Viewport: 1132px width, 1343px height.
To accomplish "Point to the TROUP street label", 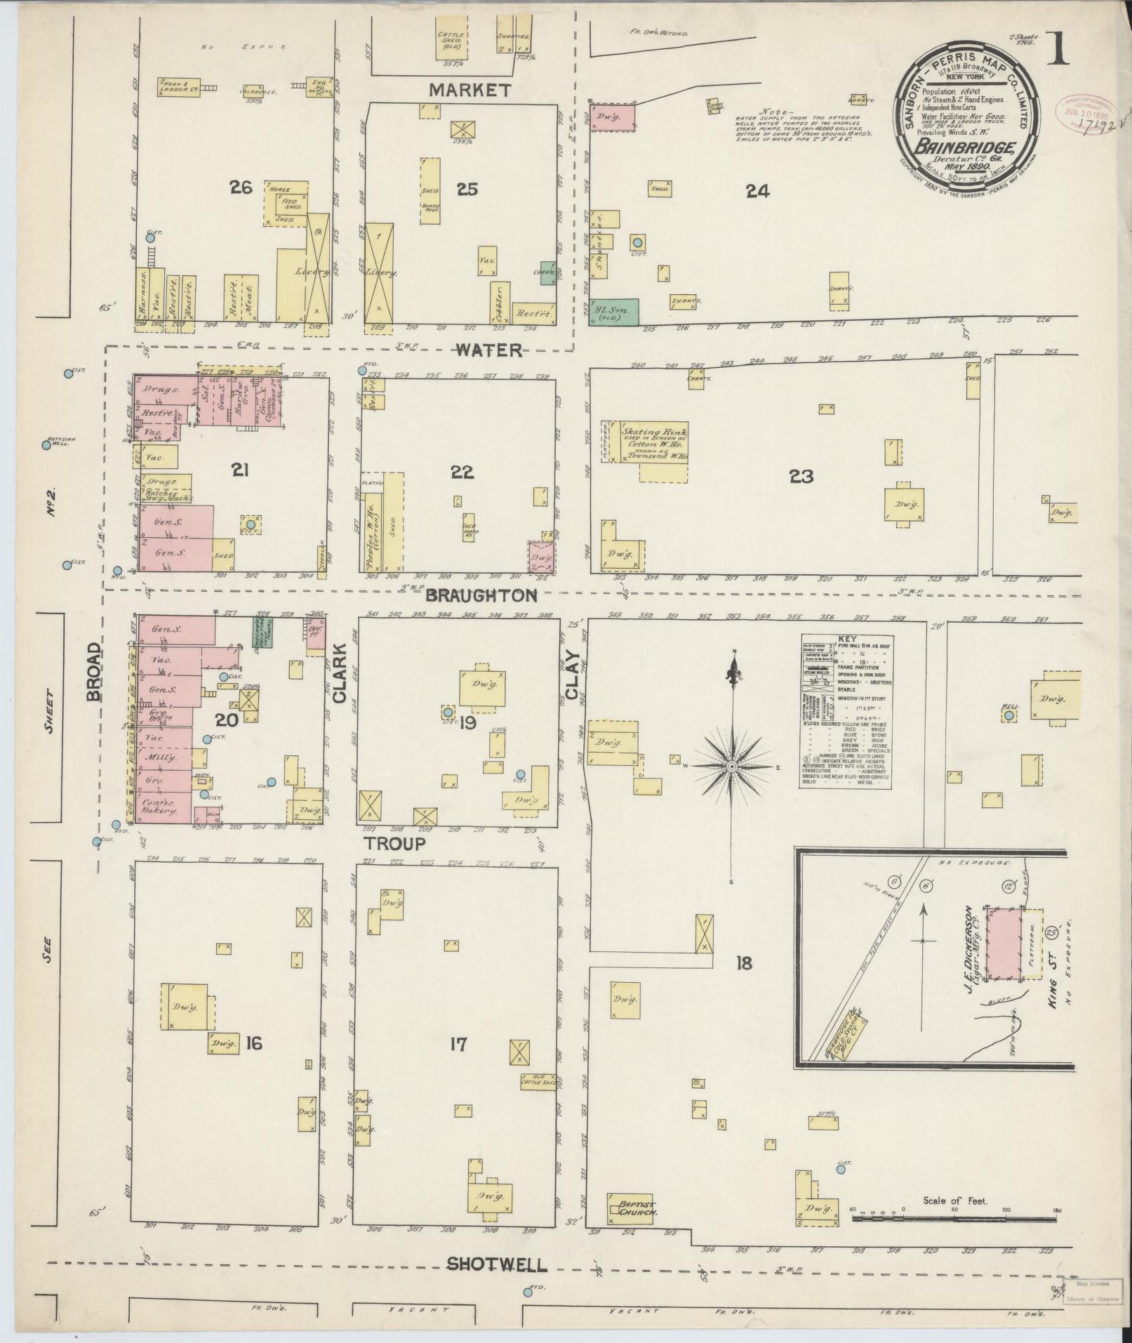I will pos(394,843).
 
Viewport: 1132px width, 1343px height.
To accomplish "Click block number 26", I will pos(241,187).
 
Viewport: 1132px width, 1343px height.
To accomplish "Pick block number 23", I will pos(801,477).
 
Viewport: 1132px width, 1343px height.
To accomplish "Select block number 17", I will pos(458,1045).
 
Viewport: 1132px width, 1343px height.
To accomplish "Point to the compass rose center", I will pos(732,766).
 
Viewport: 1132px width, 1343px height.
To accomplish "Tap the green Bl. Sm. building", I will pos(614,311).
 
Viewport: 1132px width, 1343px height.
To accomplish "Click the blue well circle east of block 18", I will pos(1008,715).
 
